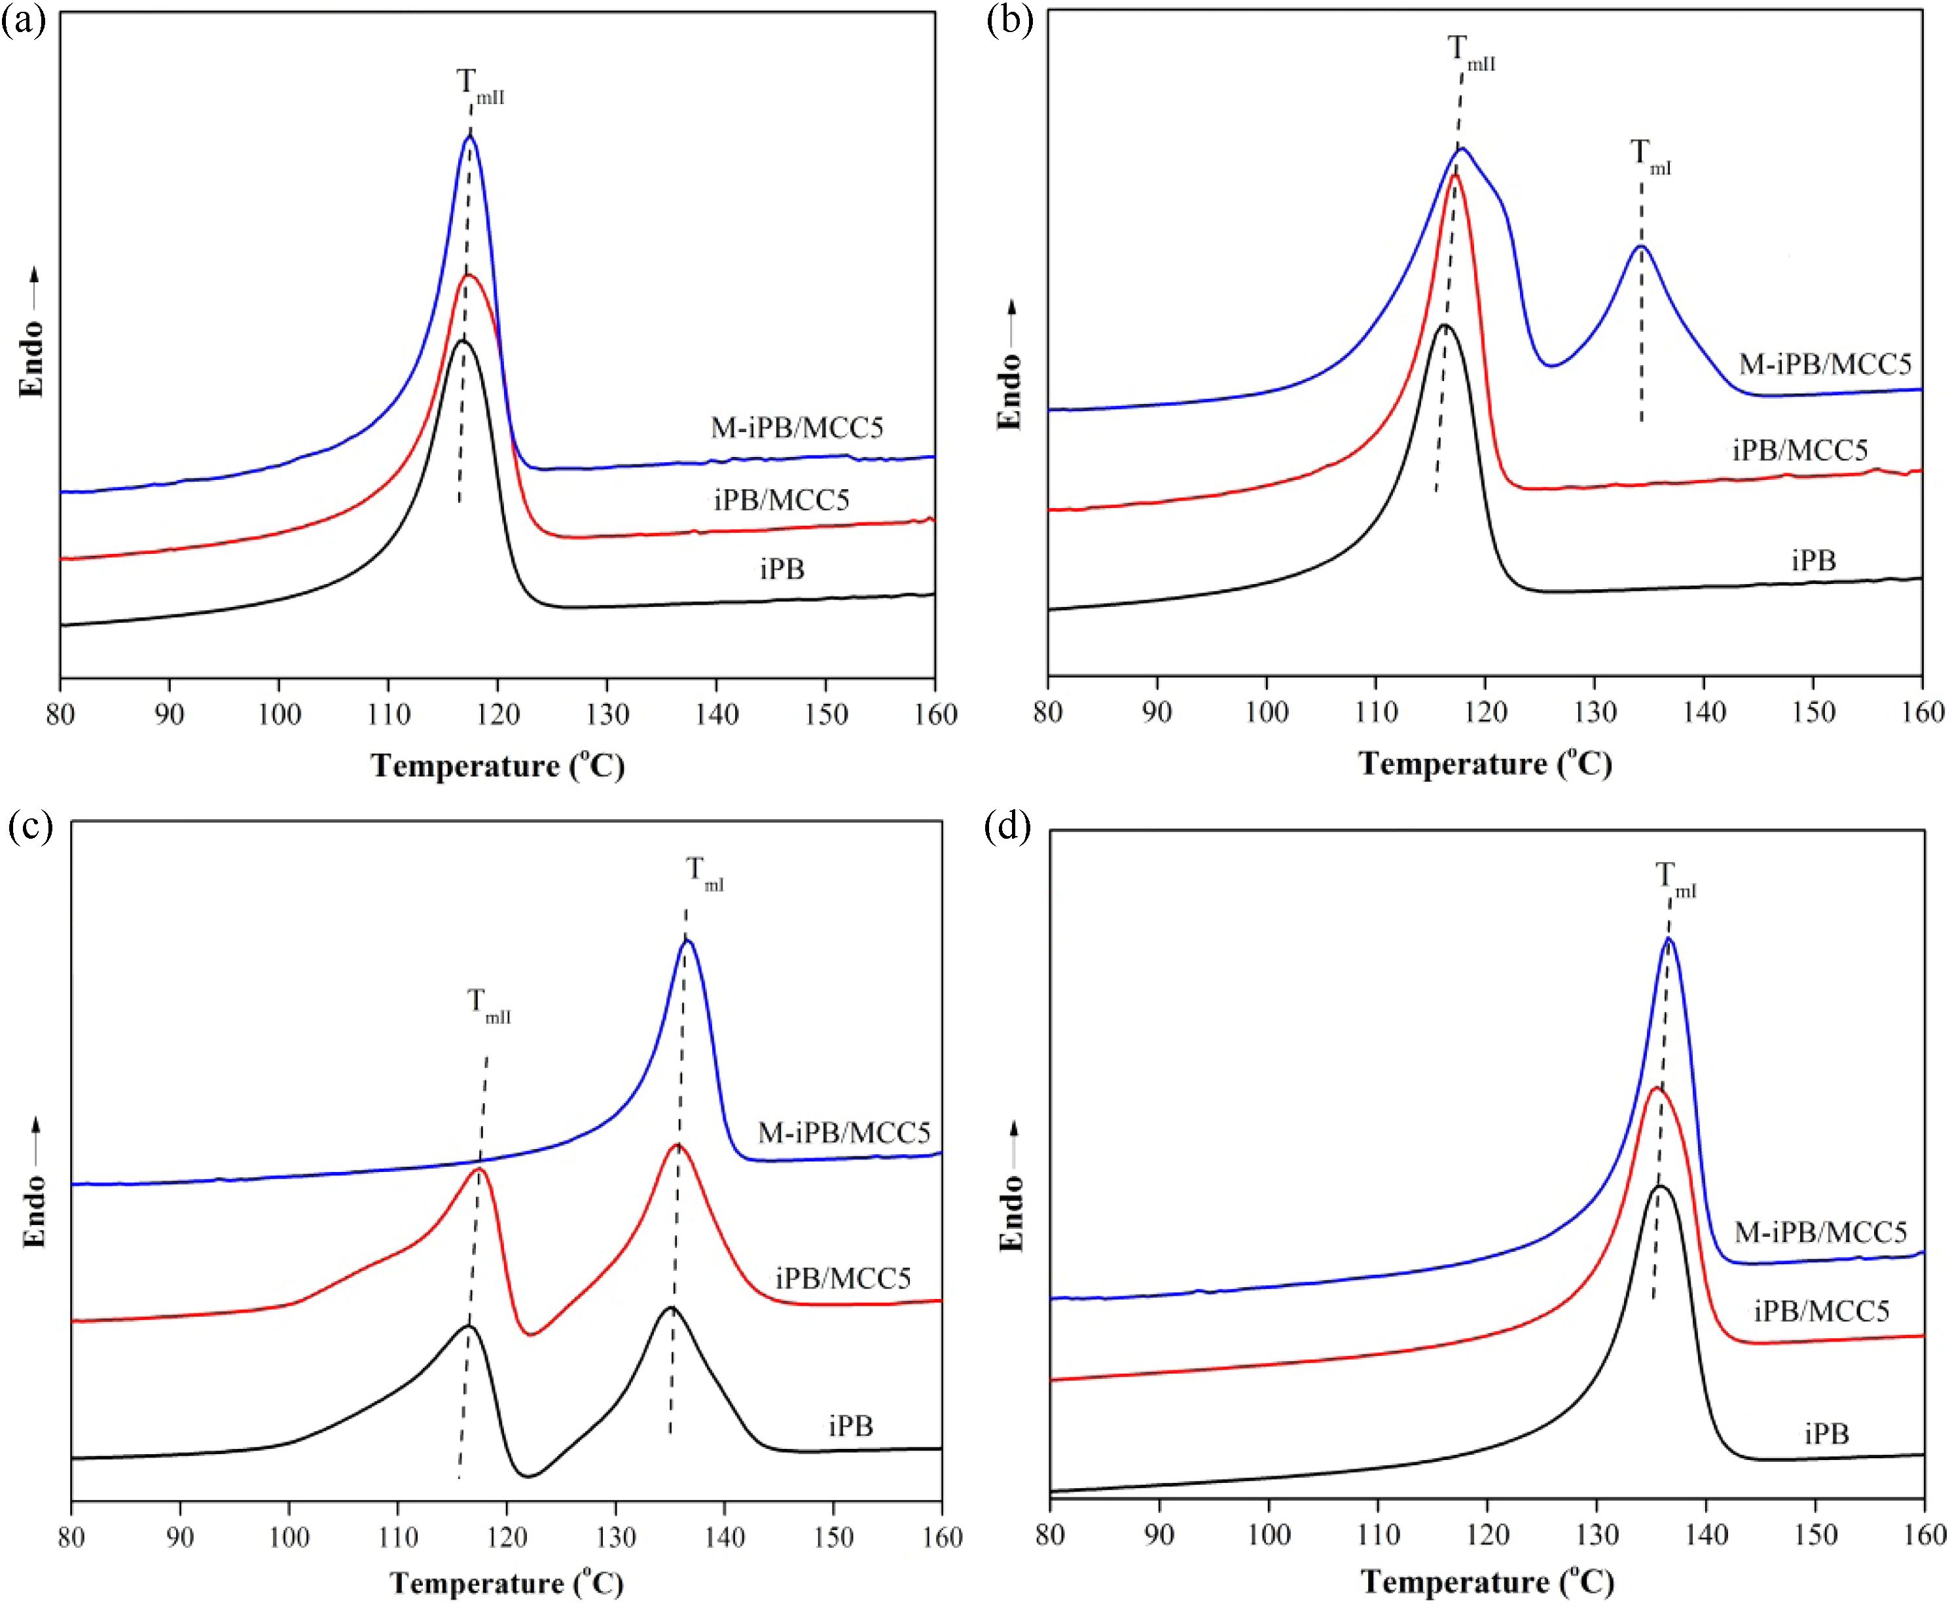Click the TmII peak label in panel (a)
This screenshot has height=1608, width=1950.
coord(480,85)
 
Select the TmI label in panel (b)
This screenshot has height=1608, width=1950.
coord(1650,158)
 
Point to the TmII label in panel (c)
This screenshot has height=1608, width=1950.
coord(488,1006)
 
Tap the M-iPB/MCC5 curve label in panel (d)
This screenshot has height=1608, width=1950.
coord(1820,1232)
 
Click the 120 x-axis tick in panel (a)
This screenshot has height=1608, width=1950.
coord(497,714)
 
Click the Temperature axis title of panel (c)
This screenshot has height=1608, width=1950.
coord(507,1583)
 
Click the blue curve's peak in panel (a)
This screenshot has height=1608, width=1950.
coord(471,136)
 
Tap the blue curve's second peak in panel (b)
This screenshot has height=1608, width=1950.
coord(1641,246)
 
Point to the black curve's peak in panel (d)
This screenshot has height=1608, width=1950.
coord(1660,1186)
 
